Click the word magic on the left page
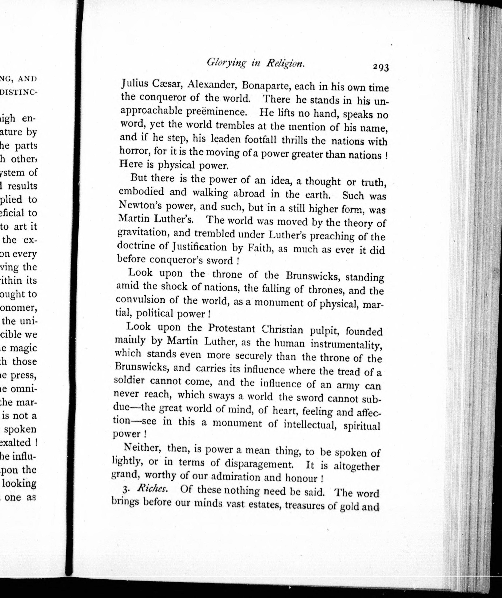(x=23, y=348)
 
